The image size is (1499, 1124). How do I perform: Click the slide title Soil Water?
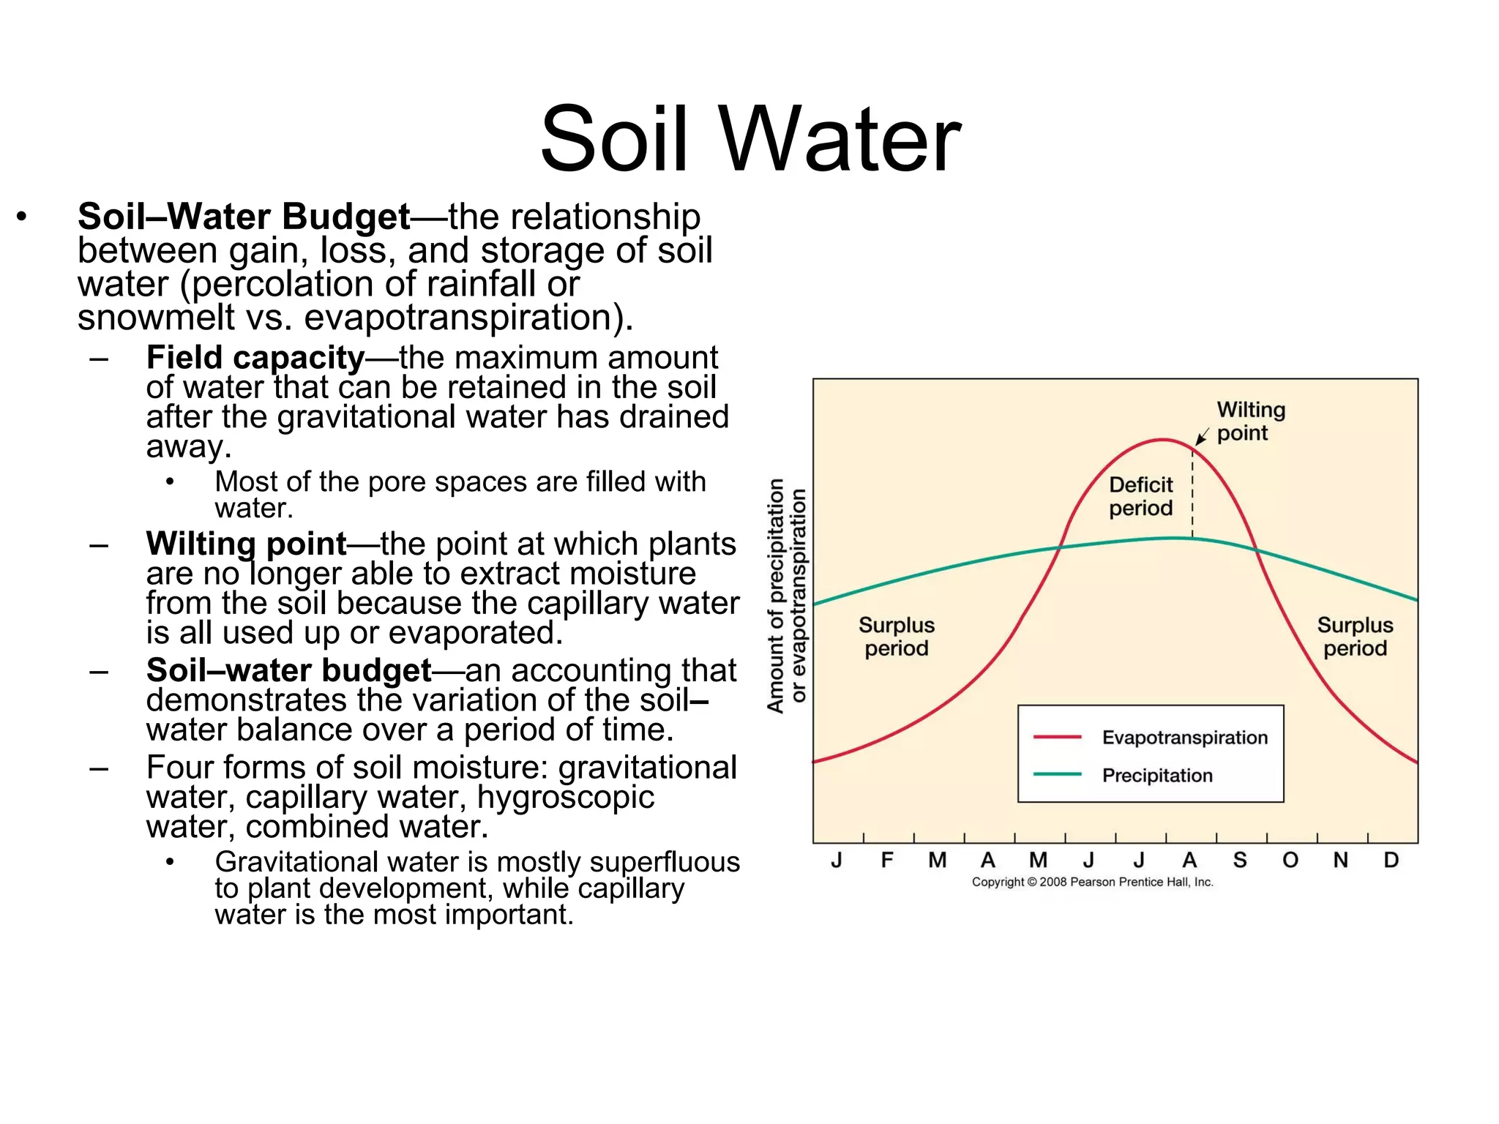click(x=750, y=139)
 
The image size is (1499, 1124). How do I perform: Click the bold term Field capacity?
click(x=255, y=358)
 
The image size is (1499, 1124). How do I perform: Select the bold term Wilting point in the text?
click(x=246, y=544)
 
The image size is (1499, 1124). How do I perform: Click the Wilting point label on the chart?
click(x=1250, y=421)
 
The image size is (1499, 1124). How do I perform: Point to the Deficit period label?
click(x=1140, y=496)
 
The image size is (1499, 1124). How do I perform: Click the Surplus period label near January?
click(x=896, y=637)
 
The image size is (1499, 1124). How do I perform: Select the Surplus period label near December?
click(x=1355, y=637)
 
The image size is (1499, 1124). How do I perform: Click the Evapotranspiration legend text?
click(x=1184, y=738)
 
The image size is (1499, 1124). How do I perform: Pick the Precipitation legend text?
click(x=1157, y=776)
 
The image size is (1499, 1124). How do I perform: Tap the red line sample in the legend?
click(x=1057, y=737)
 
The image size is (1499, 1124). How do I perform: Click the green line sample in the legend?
click(x=1057, y=774)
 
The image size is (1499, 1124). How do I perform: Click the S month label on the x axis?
click(x=1239, y=860)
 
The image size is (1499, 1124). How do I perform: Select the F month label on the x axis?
click(x=887, y=860)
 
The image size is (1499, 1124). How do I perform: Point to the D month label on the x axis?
click(x=1391, y=860)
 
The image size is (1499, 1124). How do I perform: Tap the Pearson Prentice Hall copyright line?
click(x=1092, y=883)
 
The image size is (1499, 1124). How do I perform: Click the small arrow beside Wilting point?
click(x=1201, y=438)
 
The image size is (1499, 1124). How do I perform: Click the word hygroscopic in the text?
click(x=565, y=797)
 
